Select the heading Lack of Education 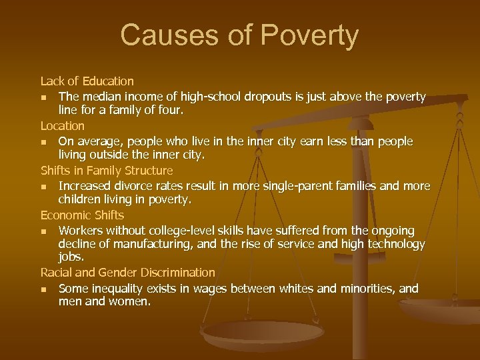87,81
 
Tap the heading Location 63,125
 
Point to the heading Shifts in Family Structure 106,170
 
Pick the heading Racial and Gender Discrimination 127,273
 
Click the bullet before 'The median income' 44,97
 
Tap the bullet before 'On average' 44,142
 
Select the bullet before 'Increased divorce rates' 44,186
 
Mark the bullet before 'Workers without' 44,231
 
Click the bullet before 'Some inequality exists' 44,289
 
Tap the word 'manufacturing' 139,244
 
